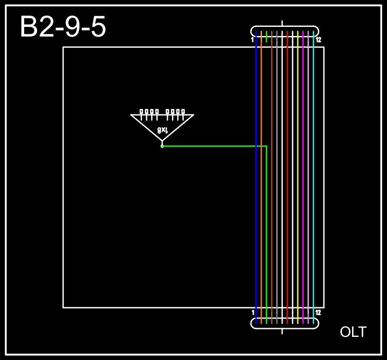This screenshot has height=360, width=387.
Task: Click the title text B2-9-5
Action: (63, 27)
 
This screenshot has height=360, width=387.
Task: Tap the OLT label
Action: (353, 332)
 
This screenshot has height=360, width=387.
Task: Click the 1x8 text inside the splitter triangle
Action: (163, 130)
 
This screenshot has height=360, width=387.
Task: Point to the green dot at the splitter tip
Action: (162, 146)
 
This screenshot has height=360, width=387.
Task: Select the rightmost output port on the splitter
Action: (183, 112)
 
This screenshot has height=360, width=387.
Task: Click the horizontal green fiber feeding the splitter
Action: (215, 146)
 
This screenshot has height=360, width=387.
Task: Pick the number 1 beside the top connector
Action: (253, 40)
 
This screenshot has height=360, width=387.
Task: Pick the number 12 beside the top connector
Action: (318, 40)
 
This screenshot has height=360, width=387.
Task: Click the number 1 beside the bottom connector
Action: (253, 312)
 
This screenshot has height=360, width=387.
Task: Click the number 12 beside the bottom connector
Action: (318, 312)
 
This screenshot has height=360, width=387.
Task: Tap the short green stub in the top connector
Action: (266, 37)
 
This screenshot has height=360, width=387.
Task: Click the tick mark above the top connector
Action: (283, 23)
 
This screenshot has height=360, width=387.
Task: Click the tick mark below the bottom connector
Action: (283, 331)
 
